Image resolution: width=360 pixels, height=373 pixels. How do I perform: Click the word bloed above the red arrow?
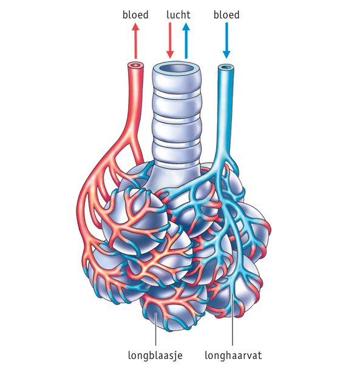pyautogui.click(x=135, y=15)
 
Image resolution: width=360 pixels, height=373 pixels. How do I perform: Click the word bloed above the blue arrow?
pyautogui.click(x=226, y=15)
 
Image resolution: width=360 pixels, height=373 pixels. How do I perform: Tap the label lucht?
pyautogui.click(x=178, y=15)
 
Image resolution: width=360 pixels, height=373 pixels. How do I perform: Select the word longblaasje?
pyautogui.click(x=155, y=355)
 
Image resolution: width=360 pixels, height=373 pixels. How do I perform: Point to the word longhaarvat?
pyautogui.click(x=233, y=355)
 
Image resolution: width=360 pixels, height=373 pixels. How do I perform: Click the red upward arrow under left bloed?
pyautogui.click(x=136, y=41)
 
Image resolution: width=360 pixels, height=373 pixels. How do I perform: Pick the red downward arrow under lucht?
pyautogui.click(x=170, y=41)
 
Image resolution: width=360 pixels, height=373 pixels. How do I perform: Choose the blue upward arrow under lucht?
pyautogui.click(x=186, y=41)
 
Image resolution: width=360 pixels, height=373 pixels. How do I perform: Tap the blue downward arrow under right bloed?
pyautogui.click(x=226, y=41)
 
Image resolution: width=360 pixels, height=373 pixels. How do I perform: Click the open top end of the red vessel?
pyautogui.click(x=136, y=65)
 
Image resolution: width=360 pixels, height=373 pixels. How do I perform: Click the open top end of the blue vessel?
pyautogui.click(x=226, y=67)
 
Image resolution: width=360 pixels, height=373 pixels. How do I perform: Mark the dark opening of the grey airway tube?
pyautogui.click(x=177, y=69)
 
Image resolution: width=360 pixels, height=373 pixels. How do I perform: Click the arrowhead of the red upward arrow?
pyautogui.click(x=136, y=27)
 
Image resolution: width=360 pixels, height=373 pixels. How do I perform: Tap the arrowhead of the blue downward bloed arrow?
pyautogui.click(x=226, y=55)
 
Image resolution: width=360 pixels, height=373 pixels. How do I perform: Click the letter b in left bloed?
pyautogui.click(x=125, y=15)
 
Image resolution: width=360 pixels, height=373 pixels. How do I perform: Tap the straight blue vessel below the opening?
pyautogui.click(x=225, y=109)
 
